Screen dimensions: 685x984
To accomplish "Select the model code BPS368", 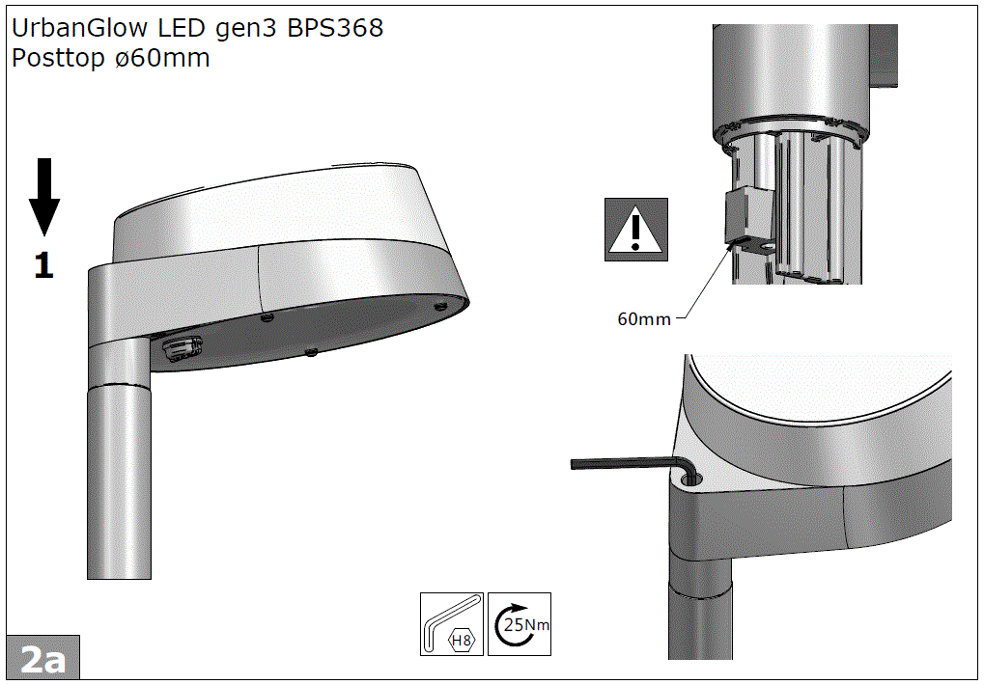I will tap(335, 28).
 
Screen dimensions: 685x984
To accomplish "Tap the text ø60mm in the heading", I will tap(162, 58).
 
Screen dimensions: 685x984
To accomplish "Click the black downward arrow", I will tap(44, 198).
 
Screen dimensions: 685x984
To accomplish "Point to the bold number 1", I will tap(43, 265).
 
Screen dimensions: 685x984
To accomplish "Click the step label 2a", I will tap(42, 659).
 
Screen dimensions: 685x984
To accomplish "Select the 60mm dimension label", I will tap(643, 319).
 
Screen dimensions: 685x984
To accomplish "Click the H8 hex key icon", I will tap(452, 625).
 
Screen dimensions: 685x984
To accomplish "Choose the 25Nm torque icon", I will tap(520, 625).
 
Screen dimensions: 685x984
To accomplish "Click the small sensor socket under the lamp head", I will tap(181, 347).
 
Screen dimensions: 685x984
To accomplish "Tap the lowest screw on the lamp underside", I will tap(309, 352).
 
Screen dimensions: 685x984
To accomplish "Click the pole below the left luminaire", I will tap(120, 482).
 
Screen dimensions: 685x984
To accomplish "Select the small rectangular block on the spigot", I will tap(747, 214).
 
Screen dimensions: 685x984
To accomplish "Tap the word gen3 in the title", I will tap(248, 28).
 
